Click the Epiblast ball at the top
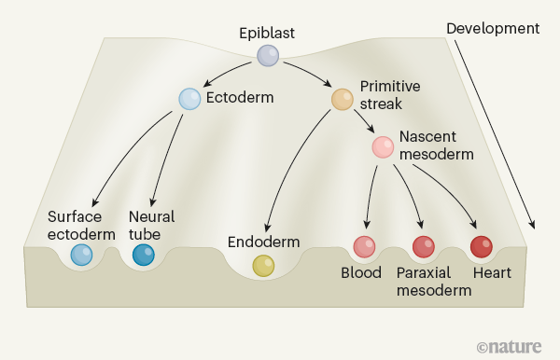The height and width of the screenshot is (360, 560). point(268,56)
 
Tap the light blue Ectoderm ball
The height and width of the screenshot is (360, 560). point(189,99)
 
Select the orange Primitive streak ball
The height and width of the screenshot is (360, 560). point(343,99)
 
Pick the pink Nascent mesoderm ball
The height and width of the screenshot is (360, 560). point(383,146)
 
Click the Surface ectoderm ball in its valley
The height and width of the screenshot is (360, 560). point(82,255)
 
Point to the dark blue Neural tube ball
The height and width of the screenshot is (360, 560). point(144,255)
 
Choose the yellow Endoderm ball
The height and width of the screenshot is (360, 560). point(264,266)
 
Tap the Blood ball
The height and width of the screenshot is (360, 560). point(364,247)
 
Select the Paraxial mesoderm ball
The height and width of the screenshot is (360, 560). point(424,247)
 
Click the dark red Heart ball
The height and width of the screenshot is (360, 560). point(481,247)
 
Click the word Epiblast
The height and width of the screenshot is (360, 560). point(267,34)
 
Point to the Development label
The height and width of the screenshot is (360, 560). point(493,28)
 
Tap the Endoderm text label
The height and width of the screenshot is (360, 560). point(264,242)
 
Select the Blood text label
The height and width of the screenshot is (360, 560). point(361,273)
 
